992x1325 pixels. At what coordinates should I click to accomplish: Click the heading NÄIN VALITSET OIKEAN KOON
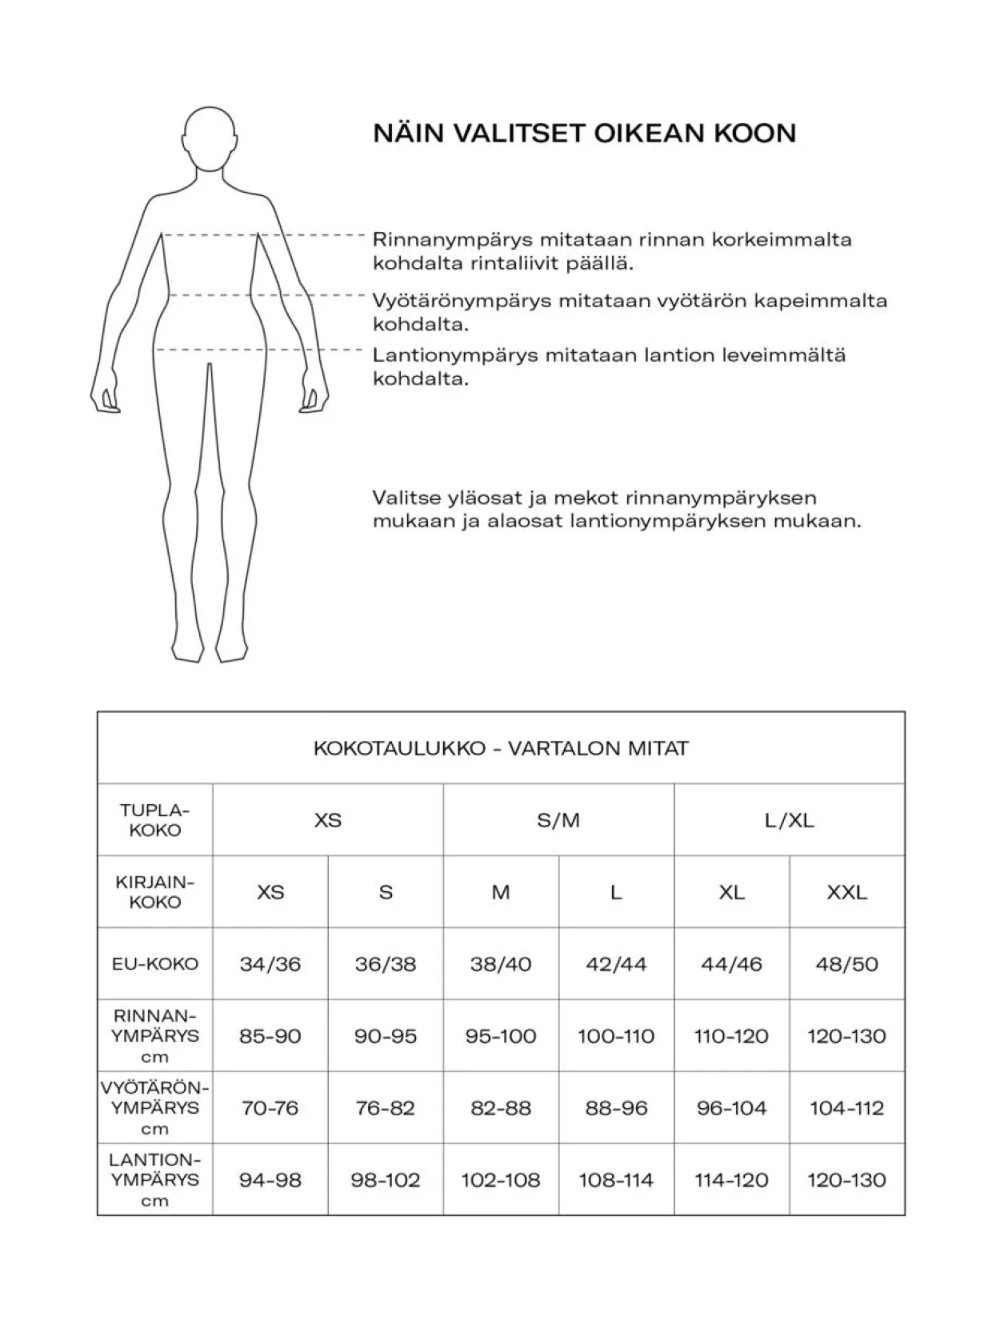[584, 133]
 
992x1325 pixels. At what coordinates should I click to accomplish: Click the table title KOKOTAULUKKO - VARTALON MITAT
[501, 748]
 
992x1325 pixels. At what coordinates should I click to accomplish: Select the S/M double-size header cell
[558, 820]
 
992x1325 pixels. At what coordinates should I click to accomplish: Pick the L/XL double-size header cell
[789, 820]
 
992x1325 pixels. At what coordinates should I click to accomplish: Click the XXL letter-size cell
[846, 892]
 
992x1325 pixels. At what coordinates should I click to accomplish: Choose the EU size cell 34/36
[270, 963]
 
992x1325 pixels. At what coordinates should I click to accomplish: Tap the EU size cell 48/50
[846, 963]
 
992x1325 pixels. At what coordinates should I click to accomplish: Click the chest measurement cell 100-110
[616, 1036]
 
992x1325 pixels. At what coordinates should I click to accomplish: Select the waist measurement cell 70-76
[270, 1108]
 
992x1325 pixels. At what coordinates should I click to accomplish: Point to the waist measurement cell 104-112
[846, 1108]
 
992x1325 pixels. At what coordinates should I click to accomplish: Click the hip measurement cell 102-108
[501, 1180]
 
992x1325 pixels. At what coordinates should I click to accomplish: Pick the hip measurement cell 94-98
[270, 1180]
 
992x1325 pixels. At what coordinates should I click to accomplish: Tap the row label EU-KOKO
[155, 963]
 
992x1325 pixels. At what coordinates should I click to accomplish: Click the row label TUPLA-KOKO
[155, 820]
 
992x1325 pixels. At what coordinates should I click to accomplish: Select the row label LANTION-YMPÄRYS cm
[155, 1180]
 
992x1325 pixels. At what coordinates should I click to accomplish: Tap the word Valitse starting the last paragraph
[406, 498]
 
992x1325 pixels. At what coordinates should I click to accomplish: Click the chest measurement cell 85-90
[270, 1036]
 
